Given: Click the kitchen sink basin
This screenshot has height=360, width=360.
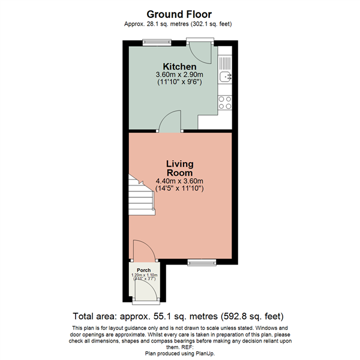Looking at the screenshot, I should click(225, 77).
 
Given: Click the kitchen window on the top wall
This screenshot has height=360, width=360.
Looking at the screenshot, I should click(157, 41).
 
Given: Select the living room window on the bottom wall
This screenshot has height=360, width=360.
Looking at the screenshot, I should click(197, 261).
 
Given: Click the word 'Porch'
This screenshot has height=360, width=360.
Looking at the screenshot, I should click(143, 270).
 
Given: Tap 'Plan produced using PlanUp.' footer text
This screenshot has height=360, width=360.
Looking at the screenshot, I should click(180, 353).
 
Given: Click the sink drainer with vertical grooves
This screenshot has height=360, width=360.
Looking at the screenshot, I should click(225, 62).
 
